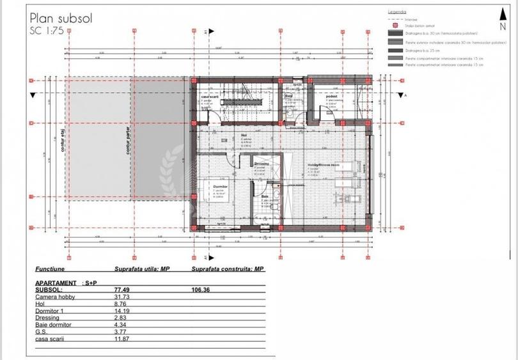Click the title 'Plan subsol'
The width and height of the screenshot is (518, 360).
61,18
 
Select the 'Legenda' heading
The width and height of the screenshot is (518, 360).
397,12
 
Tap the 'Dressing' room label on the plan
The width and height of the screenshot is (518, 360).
261,164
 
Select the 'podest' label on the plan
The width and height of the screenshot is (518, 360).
330,95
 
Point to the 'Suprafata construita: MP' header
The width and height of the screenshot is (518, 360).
228,270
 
